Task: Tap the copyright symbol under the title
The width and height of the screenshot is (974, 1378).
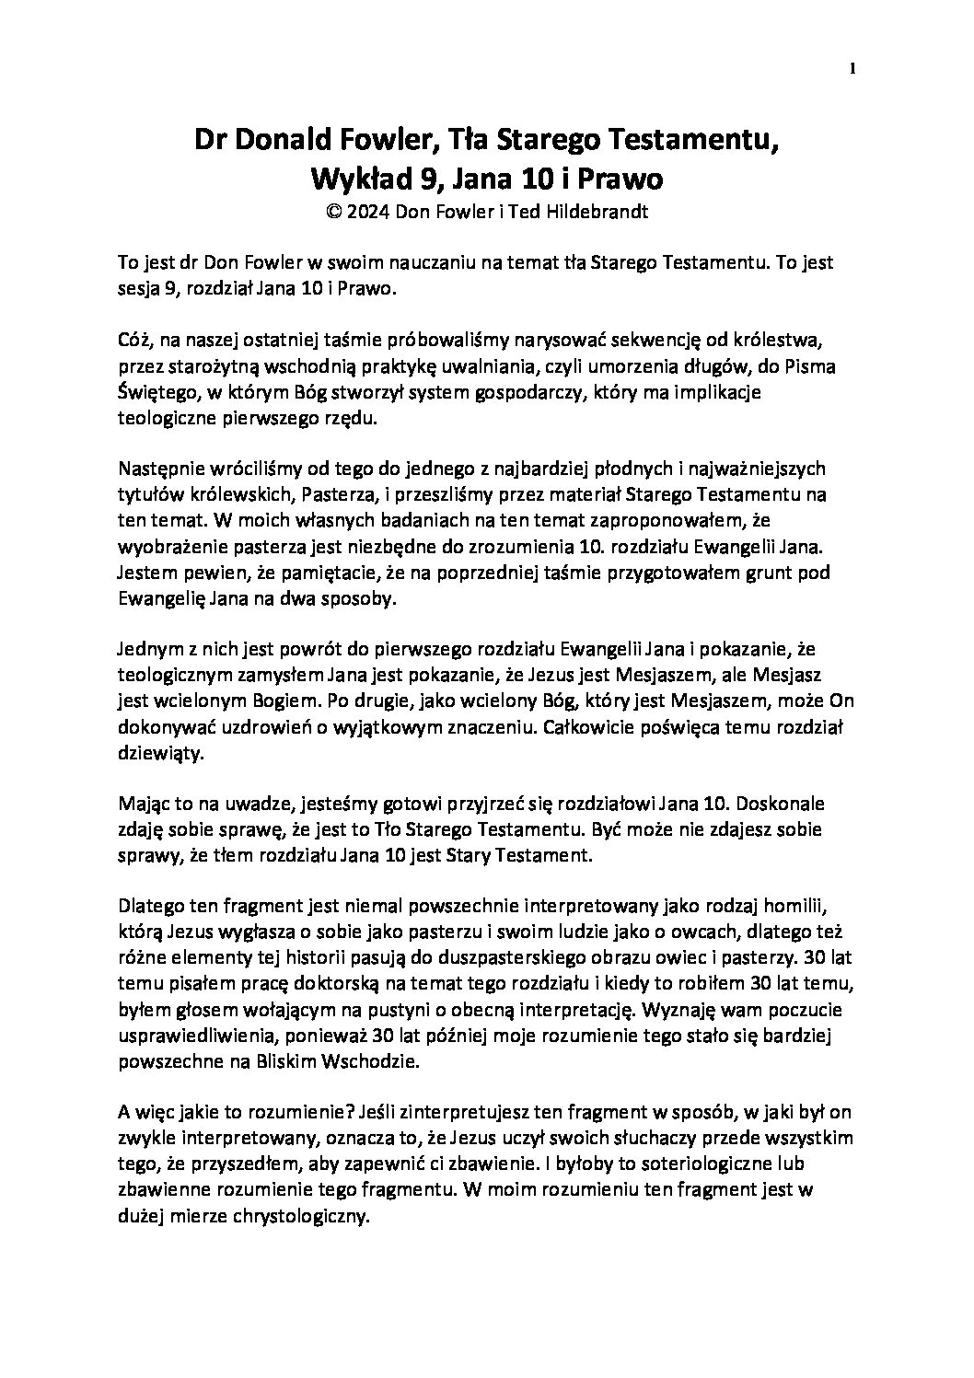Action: pos(333,211)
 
